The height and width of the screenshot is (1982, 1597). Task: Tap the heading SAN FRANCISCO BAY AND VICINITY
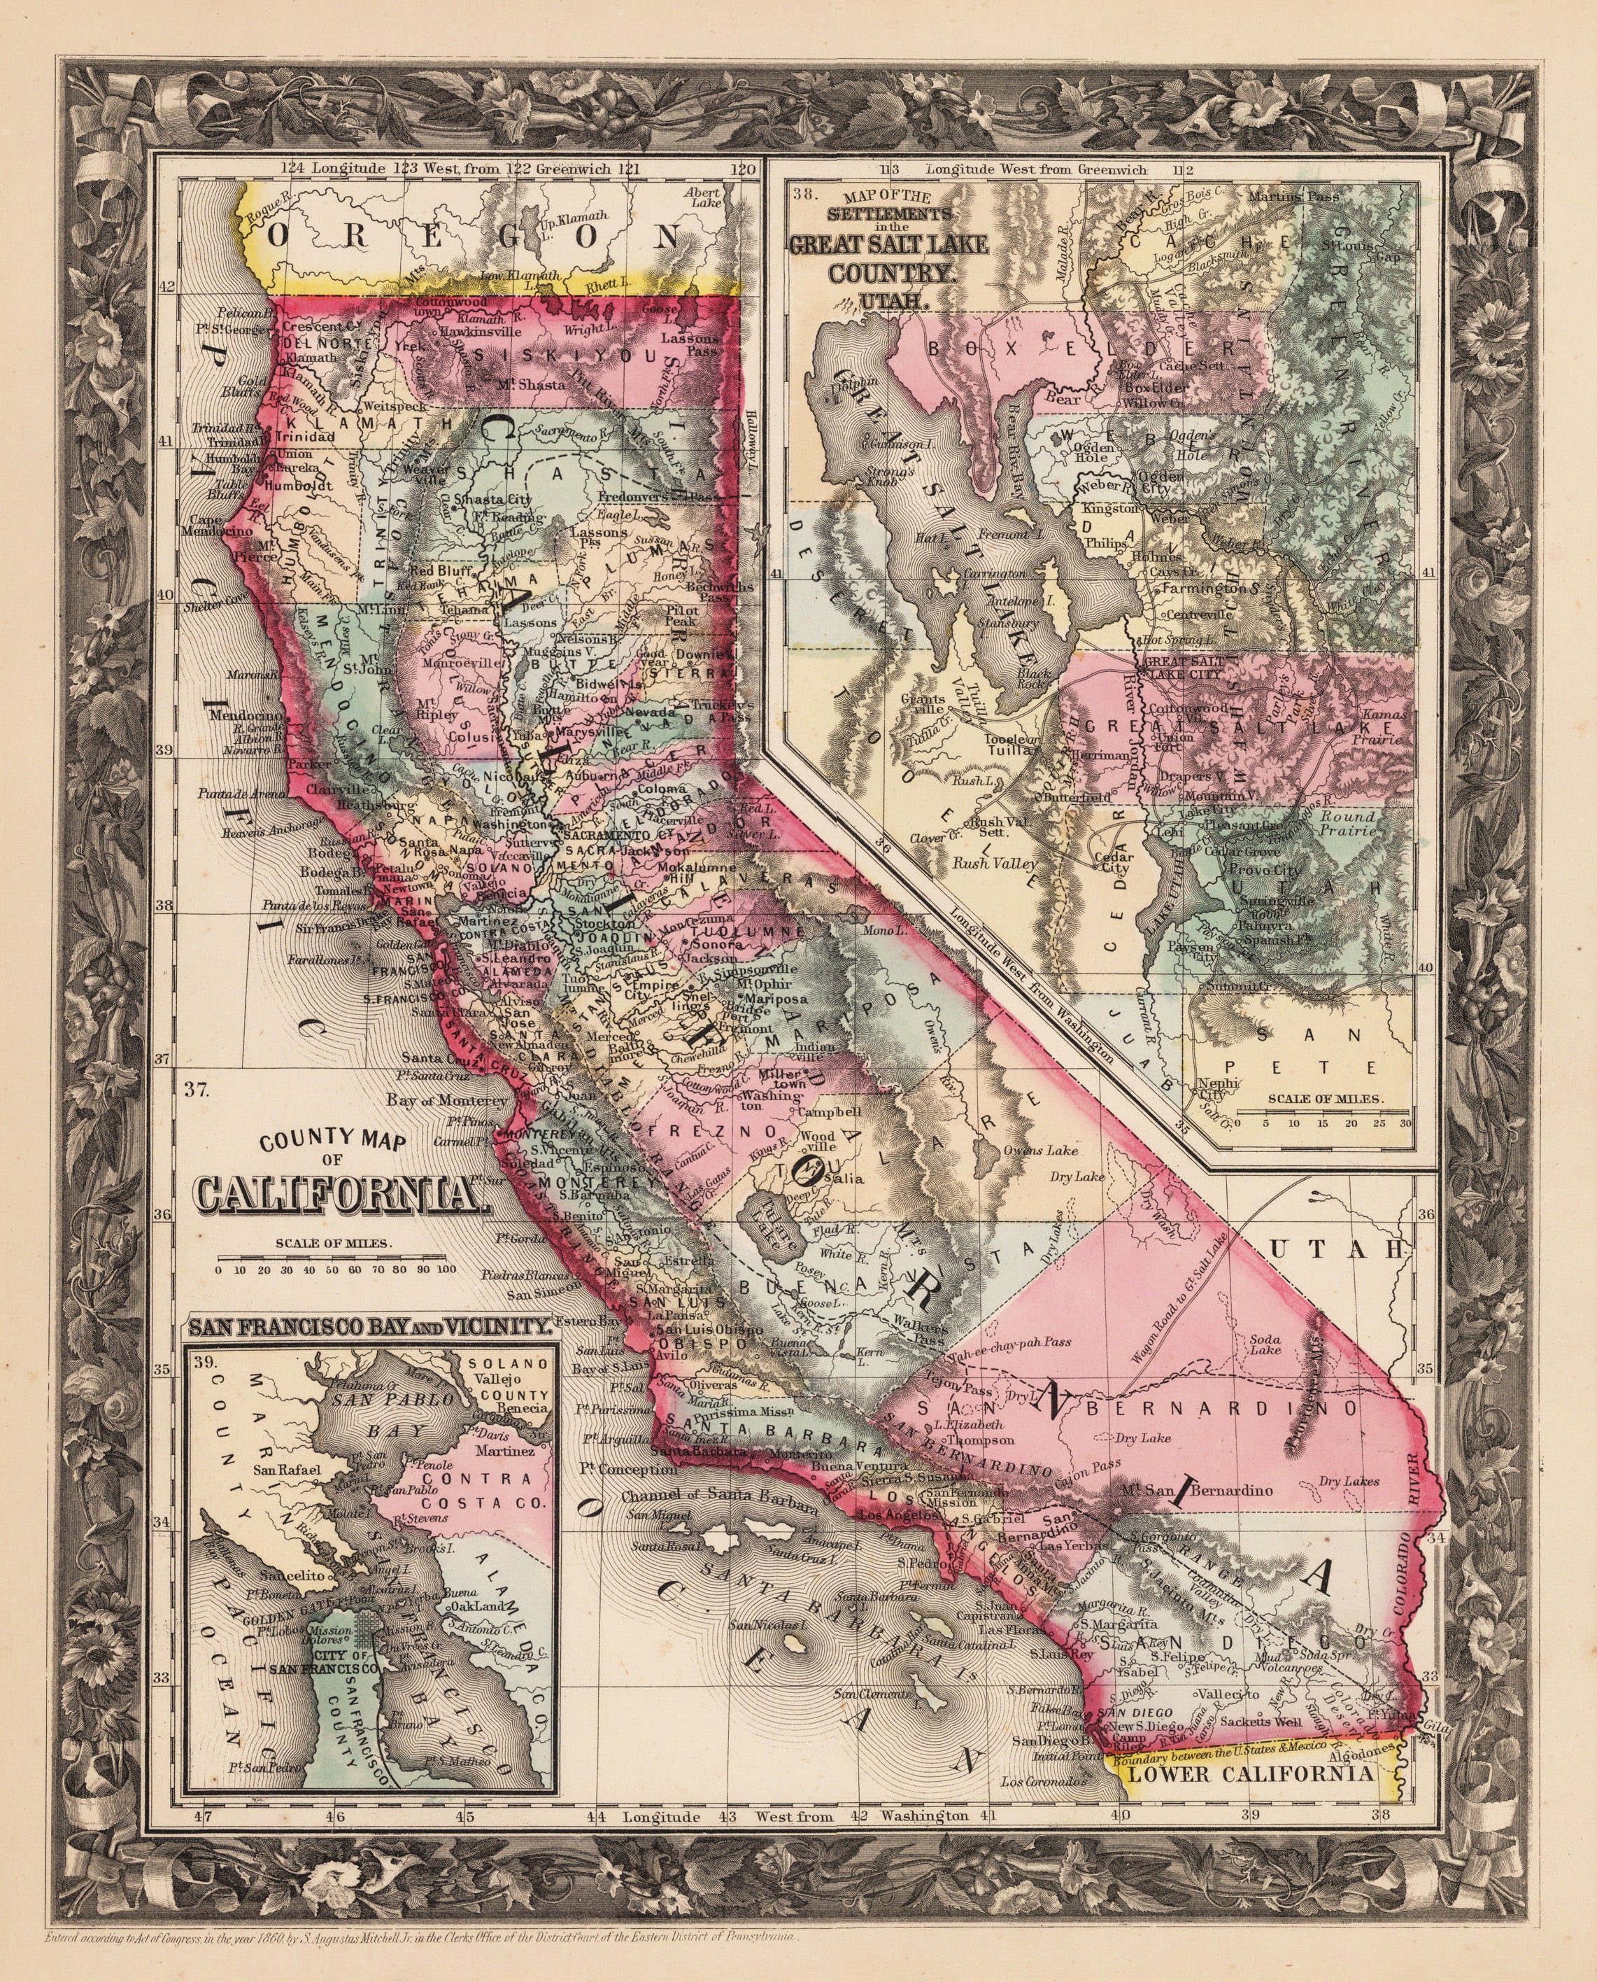(x=370, y=1328)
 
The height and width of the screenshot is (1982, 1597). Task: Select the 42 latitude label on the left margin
(x=167, y=287)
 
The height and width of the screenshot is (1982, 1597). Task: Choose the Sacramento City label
(x=609, y=833)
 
